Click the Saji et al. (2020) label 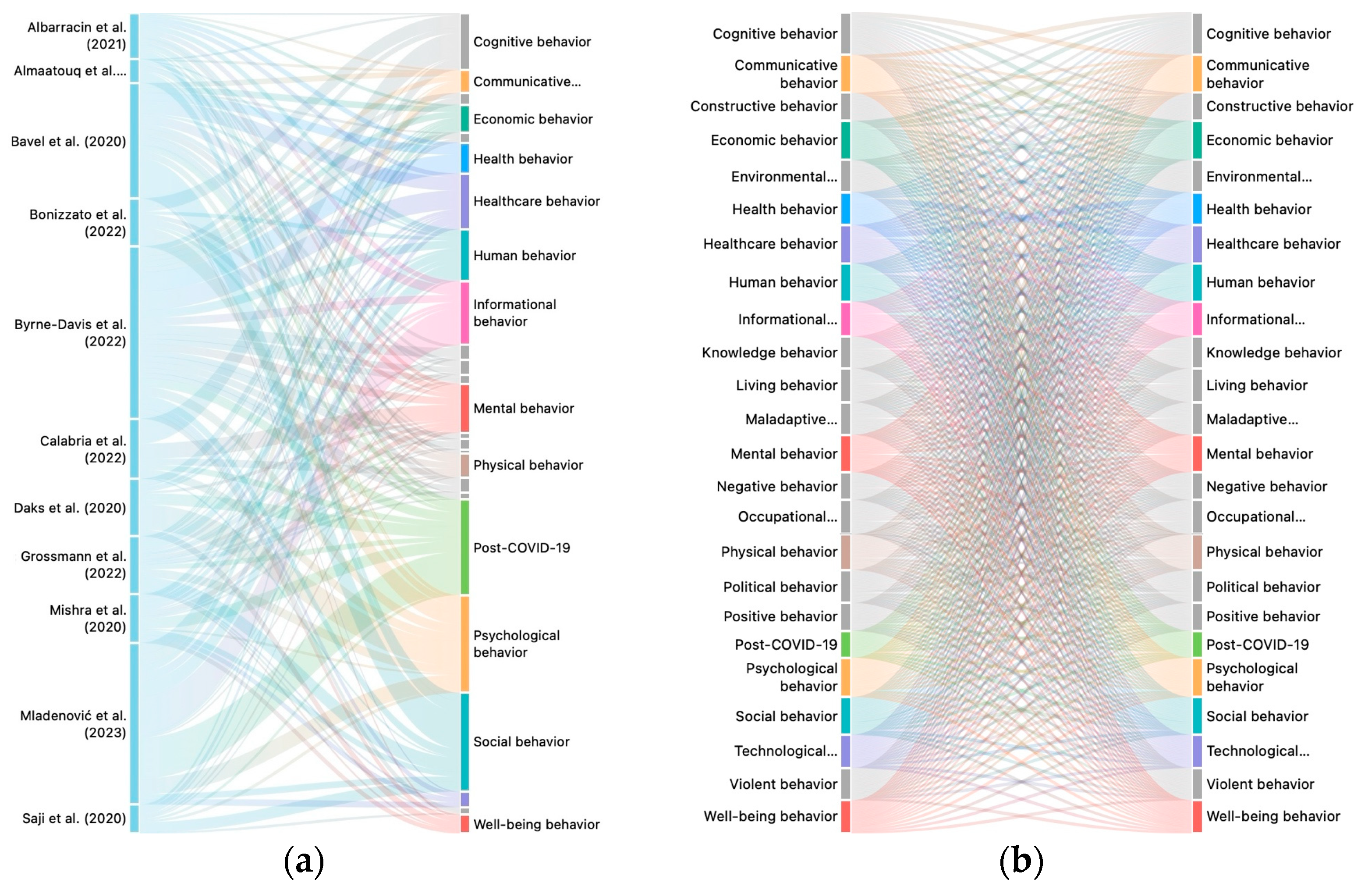[x=74, y=819]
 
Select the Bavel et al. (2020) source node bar [x=134, y=141]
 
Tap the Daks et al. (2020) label [x=70, y=508]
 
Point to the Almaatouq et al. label [x=70, y=71]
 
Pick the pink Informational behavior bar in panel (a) [x=465, y=313]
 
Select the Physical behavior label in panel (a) [x=528, y=465]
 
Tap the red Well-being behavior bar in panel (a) [x=465, y=824]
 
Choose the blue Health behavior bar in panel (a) [x=465, y=158]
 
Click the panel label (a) [x=304, y=862]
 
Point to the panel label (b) [x=1021, y=862]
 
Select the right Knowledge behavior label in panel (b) [x=1273, y=353]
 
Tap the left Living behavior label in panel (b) [x=786, y=385]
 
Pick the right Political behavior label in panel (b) [x=1263, y=587]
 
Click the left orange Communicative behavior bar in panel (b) [x=845, y=74]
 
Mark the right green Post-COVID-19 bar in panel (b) [x=1197, y=644]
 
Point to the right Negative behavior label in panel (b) [x=1266, y=487]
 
